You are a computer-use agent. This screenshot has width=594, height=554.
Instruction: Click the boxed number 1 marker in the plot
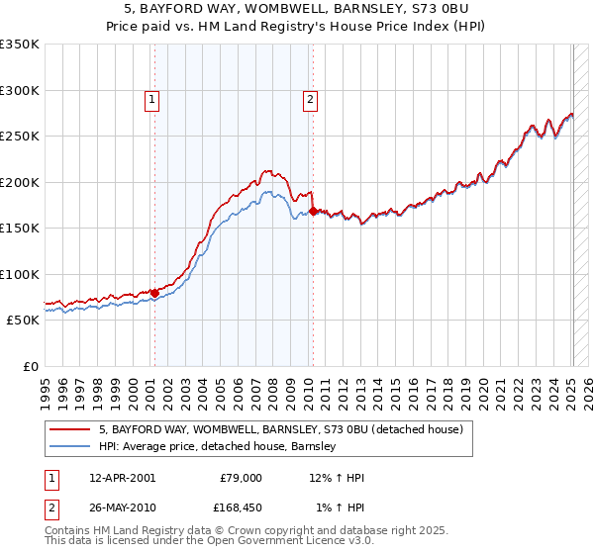(x=152, y=98)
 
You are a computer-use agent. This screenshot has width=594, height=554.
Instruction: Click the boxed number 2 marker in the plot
(x=310, y=98)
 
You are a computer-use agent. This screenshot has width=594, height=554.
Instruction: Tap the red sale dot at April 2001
(x=154, y=293)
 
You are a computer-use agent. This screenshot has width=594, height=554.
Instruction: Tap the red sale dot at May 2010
(x=313, y=211)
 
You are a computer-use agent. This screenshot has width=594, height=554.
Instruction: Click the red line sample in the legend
(x=70, y=430)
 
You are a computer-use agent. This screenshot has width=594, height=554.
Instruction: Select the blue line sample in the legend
(x=70, y=446)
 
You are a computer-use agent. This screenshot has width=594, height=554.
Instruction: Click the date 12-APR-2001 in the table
(x=122, y=478)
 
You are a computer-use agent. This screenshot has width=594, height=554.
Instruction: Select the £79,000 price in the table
(x=241, y=478)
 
